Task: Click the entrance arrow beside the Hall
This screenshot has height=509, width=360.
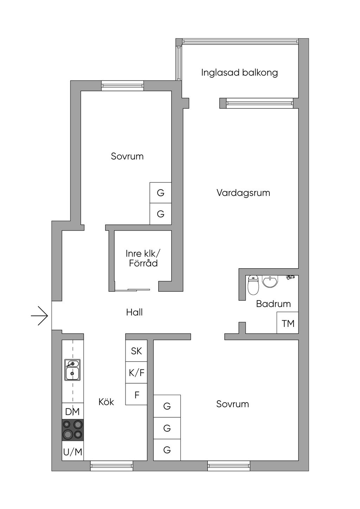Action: (x=39, y=316)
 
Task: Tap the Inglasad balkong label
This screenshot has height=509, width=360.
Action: (x=239, y=73)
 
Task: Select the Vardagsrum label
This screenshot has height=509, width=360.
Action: (x=243, y=193)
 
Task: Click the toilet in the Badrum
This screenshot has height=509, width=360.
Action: (x=253, y=285)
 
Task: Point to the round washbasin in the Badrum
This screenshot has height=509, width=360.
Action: (x=270, y=281)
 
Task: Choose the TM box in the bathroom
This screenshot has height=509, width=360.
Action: (x=288, y=323)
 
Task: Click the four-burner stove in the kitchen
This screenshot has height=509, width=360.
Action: (x=73, y=430)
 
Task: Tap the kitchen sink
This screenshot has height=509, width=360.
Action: (x=72, y=370)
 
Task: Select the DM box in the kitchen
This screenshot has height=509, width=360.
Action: (x=72, y=412)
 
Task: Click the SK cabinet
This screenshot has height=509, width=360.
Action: (x=136, y=351)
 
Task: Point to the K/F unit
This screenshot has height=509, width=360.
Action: (x=136, y=372)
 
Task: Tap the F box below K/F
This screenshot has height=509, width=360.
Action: (x=136, y=395)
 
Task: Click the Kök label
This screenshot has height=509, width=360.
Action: (x=106, y=402)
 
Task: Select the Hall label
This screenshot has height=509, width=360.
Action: (x=134, y=312)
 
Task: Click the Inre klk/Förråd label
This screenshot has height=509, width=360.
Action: (x=143, y=258)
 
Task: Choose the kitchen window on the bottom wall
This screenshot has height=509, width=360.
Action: (x=111, y=466)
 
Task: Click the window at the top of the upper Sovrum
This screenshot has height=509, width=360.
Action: (x=123, y=86)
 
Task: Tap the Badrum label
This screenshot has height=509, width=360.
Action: (x=273, y=304)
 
